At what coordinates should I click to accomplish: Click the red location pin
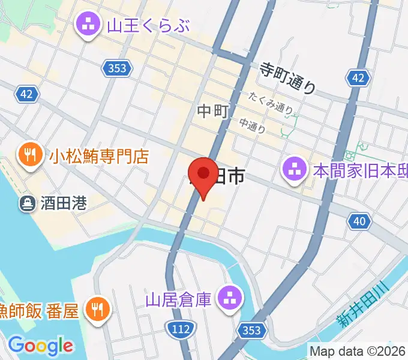(x=203, y=176)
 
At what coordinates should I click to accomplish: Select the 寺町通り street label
(x=287, y=78)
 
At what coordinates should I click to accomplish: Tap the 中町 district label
(x=210, y=111)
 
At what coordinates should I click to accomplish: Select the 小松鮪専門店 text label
(x=99, y=157)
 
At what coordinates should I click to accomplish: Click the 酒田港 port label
(x=64, y=203)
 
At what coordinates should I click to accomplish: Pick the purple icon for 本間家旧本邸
(x=295, y=170)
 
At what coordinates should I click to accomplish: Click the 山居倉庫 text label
(x=179, y=298)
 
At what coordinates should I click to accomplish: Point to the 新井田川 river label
(x=364, y=306)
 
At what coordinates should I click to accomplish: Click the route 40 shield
(x=359, y=222)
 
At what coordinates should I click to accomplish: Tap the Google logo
(x=40, y=346)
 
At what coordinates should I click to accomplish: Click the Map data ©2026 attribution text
(x=357, y=350)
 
